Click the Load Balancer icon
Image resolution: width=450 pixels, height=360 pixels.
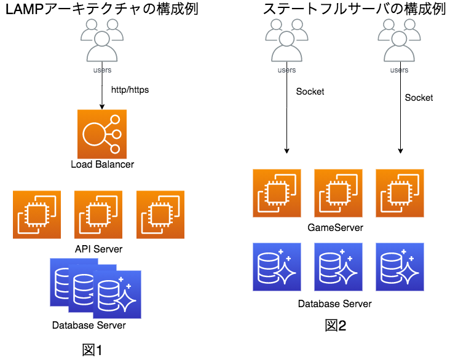[x=102, y=133]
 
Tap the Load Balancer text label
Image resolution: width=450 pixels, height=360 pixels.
[x=102, y=165]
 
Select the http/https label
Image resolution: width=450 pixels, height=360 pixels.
[x=130, y=90]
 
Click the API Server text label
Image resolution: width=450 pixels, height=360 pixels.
[x=98, y=249]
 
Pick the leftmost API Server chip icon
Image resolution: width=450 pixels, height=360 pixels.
[x=37, y=214]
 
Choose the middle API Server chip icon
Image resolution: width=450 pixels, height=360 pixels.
[x=98, y=214]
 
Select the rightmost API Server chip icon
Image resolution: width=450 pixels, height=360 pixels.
[x=160, y=214]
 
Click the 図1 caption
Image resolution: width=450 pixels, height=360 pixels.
[x=92, y=350]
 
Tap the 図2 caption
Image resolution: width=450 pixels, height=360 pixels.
[x=336, y=326]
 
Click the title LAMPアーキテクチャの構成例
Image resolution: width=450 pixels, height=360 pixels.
[x=102, y=10]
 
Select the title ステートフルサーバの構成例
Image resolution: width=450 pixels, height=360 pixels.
[x=353, y=10]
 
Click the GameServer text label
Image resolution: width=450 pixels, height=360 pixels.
[x=335, y=228]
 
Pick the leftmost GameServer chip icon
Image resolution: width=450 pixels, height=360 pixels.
[x=277, y=193]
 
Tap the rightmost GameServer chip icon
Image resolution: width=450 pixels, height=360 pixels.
[x=400, y=193]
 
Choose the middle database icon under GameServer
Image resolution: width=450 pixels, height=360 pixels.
[x=338, y=267]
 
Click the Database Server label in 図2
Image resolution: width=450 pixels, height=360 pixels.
[x=335, y=303]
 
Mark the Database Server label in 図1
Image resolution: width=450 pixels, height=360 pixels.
[x=89, y=326]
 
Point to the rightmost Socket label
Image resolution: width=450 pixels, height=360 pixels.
[x=419, y=98]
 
